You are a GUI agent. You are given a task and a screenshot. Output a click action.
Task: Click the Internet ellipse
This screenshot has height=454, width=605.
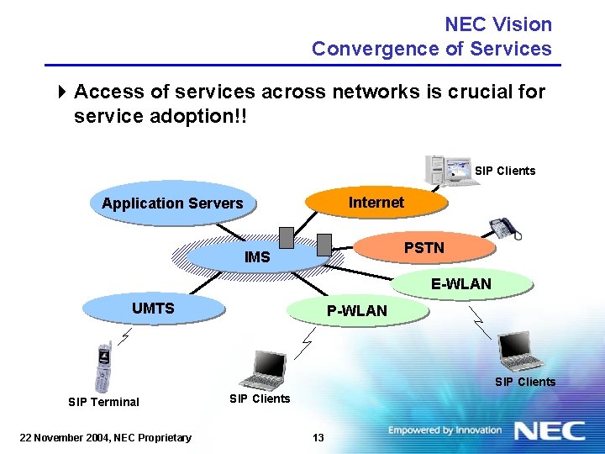(x=376, y=203)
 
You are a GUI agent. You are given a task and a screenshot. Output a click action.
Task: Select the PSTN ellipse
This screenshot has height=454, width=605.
(x=423, y=248)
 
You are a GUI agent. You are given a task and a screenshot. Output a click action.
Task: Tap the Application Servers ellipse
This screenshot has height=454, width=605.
(x=172, y=203)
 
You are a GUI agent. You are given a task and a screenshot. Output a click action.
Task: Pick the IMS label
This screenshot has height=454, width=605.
(x=257, y=257)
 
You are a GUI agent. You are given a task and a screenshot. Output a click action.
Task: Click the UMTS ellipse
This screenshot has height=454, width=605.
(x=153, y=309)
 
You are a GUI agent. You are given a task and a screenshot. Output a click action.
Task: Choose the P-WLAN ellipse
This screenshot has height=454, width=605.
(x=356, y=311)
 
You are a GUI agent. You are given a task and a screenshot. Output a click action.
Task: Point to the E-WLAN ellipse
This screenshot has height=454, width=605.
(x=460, y=284)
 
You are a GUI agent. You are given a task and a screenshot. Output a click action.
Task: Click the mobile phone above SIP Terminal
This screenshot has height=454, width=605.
(x=103, y=367)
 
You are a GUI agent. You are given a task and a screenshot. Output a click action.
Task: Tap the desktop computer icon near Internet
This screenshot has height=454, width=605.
(x=445, y=169)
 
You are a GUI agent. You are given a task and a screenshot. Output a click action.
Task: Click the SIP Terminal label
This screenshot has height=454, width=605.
(x=103, y=402)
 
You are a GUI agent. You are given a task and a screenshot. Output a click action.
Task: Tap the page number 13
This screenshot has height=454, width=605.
(x=318, y=436)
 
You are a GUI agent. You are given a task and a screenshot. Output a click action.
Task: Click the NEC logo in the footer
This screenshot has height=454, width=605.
(x=550, y=431)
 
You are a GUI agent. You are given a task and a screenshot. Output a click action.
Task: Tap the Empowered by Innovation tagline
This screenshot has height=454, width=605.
(x=445, y=430)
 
